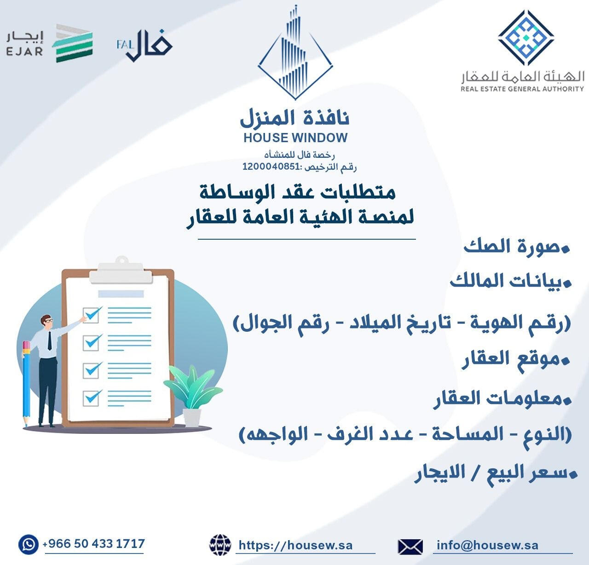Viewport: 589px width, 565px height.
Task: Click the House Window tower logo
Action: pos(295,53)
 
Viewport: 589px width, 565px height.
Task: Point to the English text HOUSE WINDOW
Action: pos(295,138)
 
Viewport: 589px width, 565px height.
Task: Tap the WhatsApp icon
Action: pos(29,545)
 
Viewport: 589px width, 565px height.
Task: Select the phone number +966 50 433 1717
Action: pos(94,544)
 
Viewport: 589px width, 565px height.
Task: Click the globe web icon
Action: pos(220,545)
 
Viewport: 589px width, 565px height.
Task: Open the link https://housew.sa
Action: pos(296,545)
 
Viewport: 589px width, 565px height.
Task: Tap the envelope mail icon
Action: pos(410,546)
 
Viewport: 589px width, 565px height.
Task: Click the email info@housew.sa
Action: pos(487,545)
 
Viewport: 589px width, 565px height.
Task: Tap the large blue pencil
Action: pos(26,382)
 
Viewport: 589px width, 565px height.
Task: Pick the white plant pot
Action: pos(192,417)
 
